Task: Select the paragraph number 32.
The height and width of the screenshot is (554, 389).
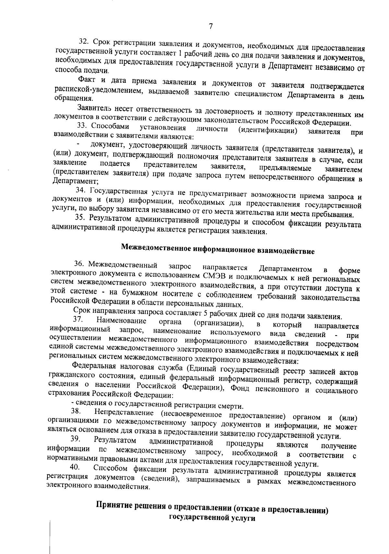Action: [84, 42]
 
